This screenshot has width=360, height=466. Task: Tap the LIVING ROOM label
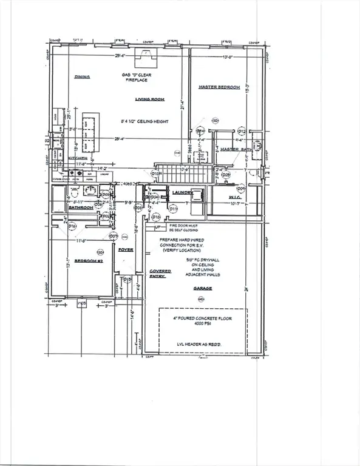(x=147, y=98)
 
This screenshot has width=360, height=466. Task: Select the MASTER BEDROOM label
(x=220, y=87)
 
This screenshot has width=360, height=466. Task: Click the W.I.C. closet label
(x=218, y=197)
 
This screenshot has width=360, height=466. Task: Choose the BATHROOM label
(x=80, y=208)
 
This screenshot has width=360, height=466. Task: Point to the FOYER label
(x=126, y=249)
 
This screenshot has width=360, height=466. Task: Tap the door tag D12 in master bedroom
(x=241, y=131)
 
